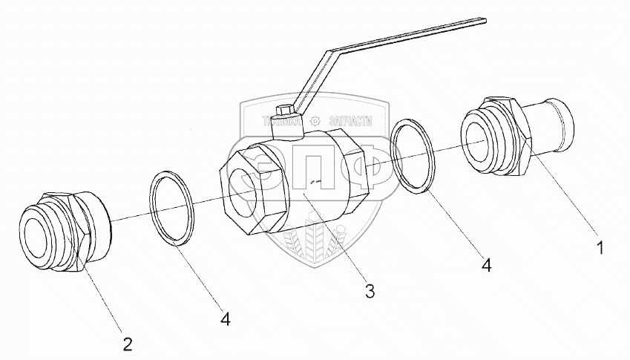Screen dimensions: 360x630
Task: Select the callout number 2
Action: (128, 343)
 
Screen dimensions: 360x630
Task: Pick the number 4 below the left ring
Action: (225, 318)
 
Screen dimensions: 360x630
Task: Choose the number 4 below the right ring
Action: (487, 264)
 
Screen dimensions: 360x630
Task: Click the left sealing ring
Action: (172, 207)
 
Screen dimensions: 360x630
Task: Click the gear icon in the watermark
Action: (315, 120)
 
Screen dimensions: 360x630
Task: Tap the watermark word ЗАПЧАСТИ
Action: (348, 120)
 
